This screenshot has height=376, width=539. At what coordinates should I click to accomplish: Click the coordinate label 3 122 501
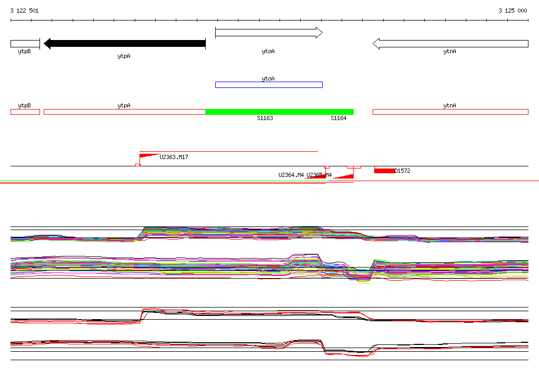coord(24,11)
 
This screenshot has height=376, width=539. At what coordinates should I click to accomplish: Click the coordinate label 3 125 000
coord(513,11)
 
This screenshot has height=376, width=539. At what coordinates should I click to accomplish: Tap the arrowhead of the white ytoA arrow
coord(318,33)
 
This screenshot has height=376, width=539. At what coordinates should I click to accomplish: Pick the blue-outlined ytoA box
coord(268,85)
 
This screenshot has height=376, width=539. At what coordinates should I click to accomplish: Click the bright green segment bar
coord(279,112)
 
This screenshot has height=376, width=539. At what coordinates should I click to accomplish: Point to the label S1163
coord(265,118)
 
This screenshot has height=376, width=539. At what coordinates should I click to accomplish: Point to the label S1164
coord(338,118)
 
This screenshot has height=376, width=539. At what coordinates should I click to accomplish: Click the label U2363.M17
coord(174,157)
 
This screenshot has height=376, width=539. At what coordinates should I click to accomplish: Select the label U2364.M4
coord(291,175)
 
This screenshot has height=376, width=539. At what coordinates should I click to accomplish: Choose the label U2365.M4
coord(320,175)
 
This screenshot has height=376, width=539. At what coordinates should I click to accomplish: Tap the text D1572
coord(402,171)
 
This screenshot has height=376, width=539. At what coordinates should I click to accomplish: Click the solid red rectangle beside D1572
coord(384,170)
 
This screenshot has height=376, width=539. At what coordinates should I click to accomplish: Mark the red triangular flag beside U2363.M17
coord(148,155)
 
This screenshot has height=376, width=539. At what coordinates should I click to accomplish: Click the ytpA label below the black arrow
coord(124,55)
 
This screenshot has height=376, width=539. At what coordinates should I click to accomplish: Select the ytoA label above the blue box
coord(268,78)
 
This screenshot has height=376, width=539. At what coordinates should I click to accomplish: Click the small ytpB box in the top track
coord(25,44)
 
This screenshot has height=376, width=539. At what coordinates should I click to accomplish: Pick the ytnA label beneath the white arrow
coord(450,52)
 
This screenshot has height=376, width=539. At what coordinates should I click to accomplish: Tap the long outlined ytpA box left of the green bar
coord(124,112)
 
